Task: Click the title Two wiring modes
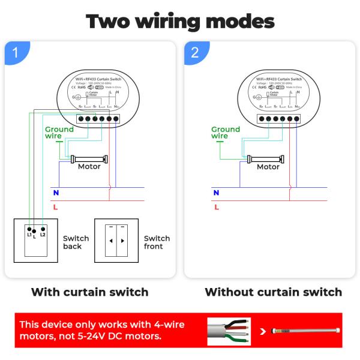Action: click(x=180, y=21)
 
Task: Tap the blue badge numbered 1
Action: click(x=16, y=52)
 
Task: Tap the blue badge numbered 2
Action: click(x=194, y=52)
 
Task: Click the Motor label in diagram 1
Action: click(x=89, y=167)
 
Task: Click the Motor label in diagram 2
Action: click(x=268, y=167)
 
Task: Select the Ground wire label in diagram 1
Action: click(x=59, y=133)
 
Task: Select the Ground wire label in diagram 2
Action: click(x=225, y=133)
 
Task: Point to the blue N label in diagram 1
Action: click(x=56, y=193)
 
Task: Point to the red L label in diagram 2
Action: click(x=217, y=207)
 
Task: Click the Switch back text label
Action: click(x=76, y=242)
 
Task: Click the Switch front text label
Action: click(x=157, y=242)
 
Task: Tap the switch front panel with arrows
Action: click(x=116, y=241)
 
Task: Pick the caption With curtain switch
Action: click(x=89, y=292)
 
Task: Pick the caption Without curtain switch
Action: click(x=273, y=292)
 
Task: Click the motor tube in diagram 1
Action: click(x=89, y=160)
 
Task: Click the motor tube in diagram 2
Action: click(x=268, y=160)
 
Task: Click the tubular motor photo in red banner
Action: click(x=306, y=331)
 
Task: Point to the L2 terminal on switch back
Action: click(x=43, y=232)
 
